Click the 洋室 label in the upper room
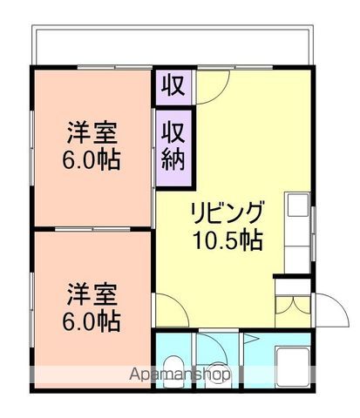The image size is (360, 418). pyautogui.click(x=92, y=135)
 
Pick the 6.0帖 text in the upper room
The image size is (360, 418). pyautogui.click(x=92, y=160)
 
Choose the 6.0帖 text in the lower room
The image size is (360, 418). pyautogui.click(x=92, y=320)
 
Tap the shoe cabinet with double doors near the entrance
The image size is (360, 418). pyautogui.click(x=291, y=306)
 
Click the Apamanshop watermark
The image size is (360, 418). pyautogui.click(x=180, y=374)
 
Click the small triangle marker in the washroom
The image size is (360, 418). pyautogui.click(x=248, y=339)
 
